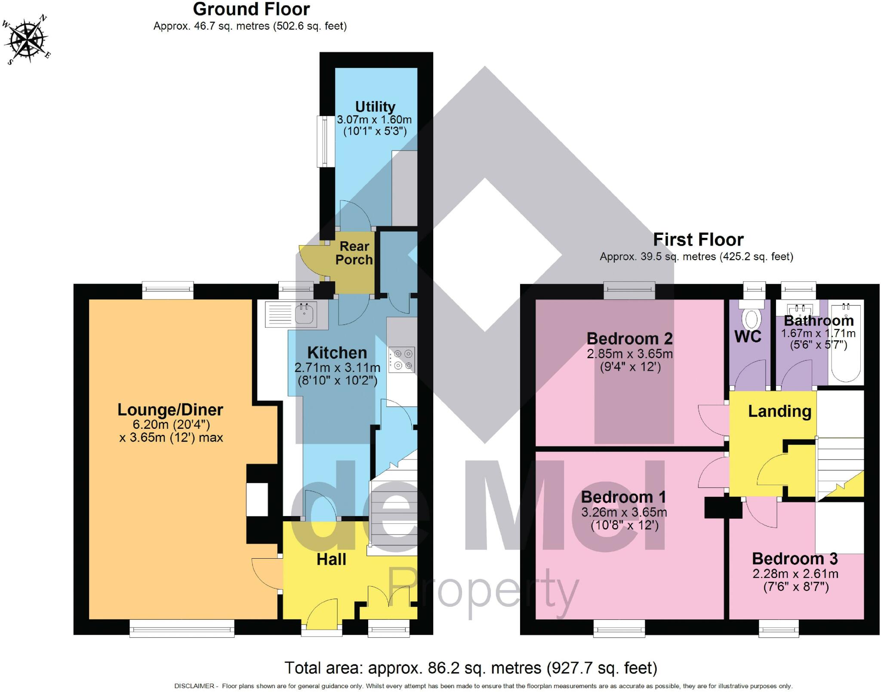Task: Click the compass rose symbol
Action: point(27,40)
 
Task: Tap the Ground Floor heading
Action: point(251,9)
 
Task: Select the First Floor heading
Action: point(698,240)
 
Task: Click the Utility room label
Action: point(375,107)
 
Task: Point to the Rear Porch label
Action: point(354,253)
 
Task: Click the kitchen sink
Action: point(305,314)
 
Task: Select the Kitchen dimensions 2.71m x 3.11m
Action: point(337,368)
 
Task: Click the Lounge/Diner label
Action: point(170,410)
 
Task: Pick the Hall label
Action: point(331,559)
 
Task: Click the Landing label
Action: point(779,411)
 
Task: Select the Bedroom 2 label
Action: point(629,338)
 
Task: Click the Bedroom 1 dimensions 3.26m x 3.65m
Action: point(624,512)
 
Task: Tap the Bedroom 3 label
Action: point(795,559)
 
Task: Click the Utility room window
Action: point(323,141)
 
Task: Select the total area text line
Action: point(471,668)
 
